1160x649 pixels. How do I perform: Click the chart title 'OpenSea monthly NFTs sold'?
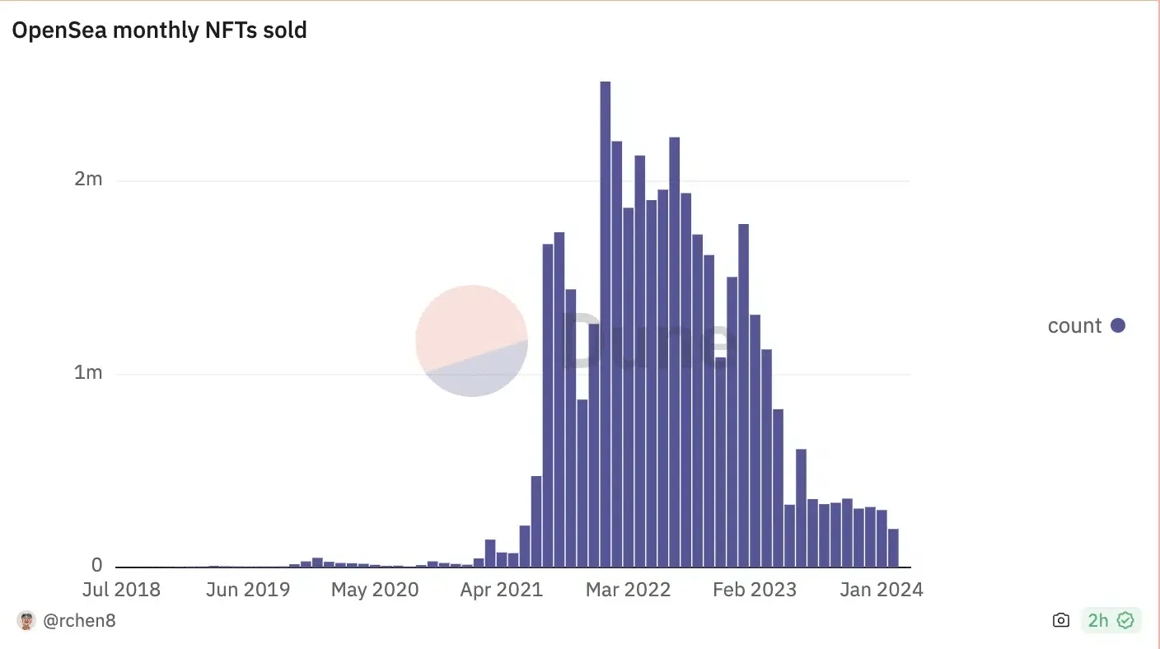click(x=159, y=30)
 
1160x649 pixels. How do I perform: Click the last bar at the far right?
click(x=893, y=548)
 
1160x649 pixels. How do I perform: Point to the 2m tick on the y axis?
click(x=88, y=179)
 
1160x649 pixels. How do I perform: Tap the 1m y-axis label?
click(x=88, y=372)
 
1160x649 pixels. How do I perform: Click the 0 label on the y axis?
click(x=97, y=566)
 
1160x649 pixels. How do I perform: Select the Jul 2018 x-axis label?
click(x=122, y=590)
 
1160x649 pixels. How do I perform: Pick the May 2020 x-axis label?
click(x=376, y=590)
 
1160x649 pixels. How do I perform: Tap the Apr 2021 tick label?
click(x=502, y=590)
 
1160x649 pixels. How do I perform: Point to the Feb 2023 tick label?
click(x=755, y=590)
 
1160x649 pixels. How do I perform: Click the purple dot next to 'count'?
click(x=1118, y=325)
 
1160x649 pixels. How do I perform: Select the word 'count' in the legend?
click(x=1074, y=325)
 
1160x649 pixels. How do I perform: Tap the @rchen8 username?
click(x=79, y=621)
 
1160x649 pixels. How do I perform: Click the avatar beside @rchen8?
click(x=26, y=621)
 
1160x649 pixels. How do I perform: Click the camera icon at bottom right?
click(x=1061, y=621)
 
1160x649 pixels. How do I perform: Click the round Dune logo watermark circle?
click(x=471, y=340)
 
